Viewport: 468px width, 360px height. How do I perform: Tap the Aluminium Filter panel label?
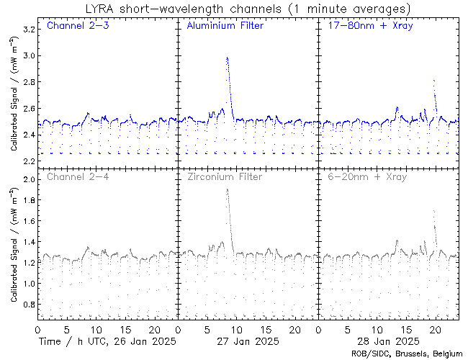tap(225, 27)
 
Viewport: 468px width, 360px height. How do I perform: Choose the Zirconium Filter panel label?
tap(225, 176)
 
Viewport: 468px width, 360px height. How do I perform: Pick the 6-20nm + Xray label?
tap(366, 176)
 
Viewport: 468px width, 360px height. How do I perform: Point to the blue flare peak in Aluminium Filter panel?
tap(227, 58)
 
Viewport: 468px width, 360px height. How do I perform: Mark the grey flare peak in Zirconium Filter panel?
tap(227, 189)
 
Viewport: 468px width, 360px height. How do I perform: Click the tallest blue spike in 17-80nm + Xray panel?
tap(433, 81)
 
